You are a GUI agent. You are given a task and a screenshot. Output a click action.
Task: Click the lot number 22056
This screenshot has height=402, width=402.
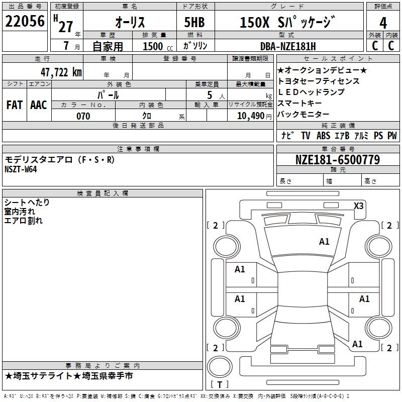24,22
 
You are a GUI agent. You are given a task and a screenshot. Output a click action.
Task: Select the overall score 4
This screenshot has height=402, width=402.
383,23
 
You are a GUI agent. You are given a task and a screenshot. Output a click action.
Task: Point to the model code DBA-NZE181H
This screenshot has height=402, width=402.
288,47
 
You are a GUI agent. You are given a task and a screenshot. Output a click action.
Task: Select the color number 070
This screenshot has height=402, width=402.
83,116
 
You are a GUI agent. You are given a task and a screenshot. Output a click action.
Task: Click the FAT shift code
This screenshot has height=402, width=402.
14,105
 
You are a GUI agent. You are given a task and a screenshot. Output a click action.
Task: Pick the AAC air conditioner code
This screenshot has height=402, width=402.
38,105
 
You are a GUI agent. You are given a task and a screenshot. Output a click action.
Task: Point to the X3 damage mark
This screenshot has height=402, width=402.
358,206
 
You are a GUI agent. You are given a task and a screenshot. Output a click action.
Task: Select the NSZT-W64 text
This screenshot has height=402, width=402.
21,169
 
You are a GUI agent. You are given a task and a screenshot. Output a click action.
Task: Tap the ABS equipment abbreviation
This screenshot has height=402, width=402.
323,136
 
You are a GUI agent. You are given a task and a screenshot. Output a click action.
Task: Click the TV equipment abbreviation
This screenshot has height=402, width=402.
306,136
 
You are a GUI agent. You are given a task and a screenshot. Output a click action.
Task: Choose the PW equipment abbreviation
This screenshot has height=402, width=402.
392,136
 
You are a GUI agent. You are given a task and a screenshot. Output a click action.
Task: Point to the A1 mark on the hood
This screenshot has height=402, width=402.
324,242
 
